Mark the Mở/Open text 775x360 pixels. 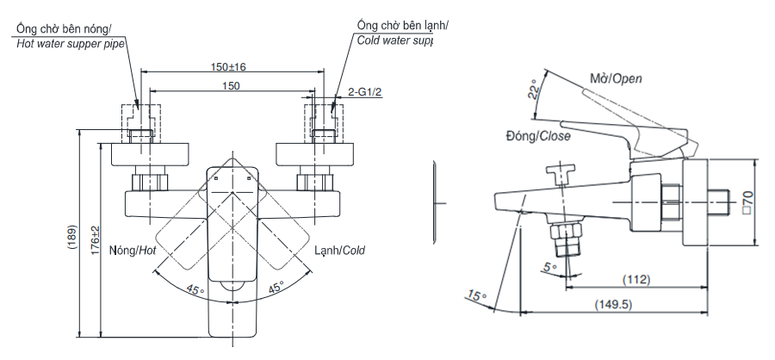coord(616,78)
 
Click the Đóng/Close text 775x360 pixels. coord(537,135)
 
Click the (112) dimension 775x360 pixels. coord(636,280)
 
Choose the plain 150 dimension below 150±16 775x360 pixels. coord(231,86)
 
